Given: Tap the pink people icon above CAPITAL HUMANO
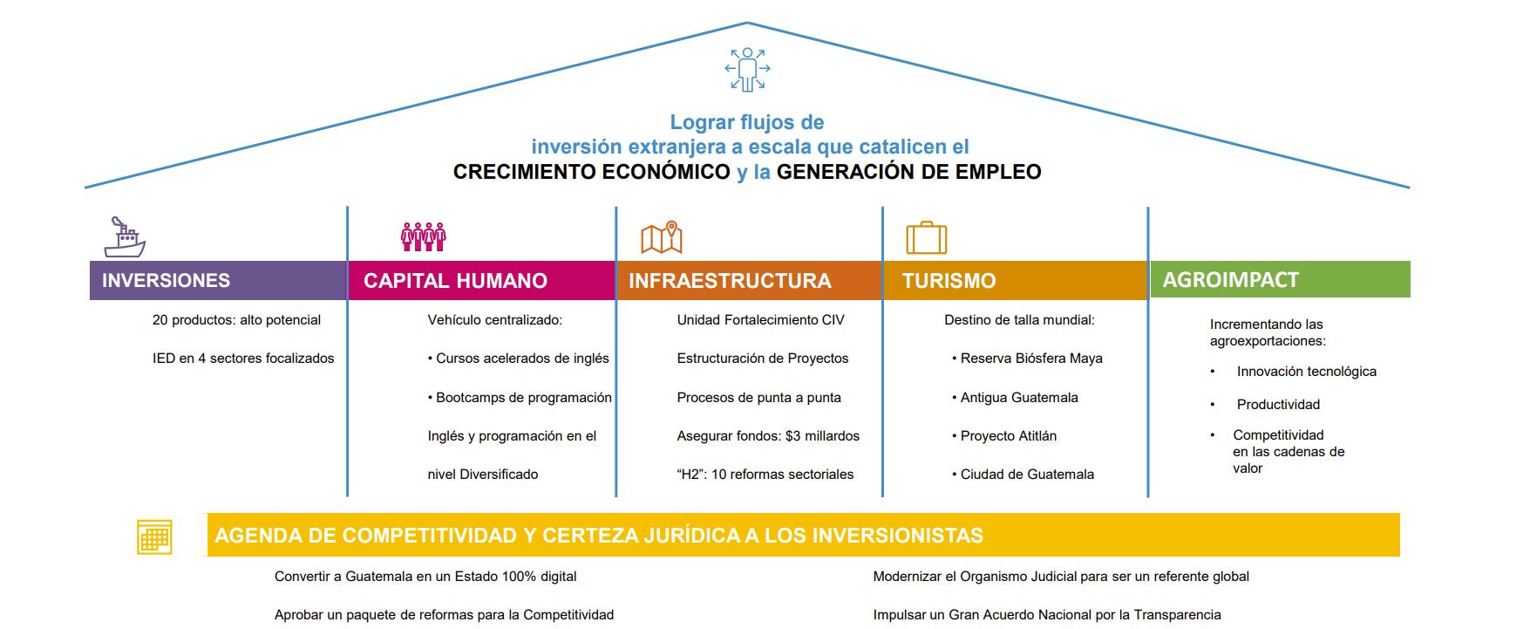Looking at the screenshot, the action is click(423, 236).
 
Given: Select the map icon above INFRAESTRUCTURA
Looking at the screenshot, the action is click(662, 237).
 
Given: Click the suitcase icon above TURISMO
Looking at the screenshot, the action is click(926, 237).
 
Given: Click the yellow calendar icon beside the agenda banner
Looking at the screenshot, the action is click(154, 537).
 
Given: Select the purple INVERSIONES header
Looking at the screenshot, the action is click(218, 281).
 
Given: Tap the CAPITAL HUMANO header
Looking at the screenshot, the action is click(481, 281).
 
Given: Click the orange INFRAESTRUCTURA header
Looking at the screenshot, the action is click(749, 281).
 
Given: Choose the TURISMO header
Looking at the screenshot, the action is click(1015, 281).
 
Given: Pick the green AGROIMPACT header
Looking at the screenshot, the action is click(1280, 280).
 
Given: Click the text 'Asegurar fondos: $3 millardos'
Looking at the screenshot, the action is click(768, 436).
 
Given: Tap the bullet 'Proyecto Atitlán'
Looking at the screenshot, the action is click(1008, 436).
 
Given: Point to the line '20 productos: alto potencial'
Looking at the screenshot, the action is click(236, 320).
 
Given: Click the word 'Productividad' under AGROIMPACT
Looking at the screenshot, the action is click(1278, 405).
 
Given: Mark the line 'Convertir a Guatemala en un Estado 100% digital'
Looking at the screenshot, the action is click(425, 577).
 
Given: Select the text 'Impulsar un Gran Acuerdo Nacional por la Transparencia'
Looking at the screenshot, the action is click(1046, 615).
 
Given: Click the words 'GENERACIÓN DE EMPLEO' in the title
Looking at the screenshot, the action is click(908, 172).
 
